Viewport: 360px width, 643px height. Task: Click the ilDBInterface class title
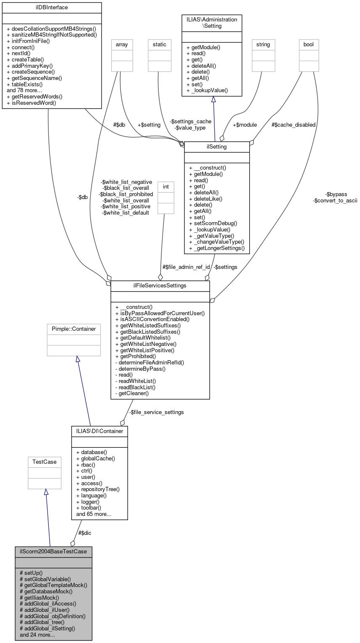coord(52,8)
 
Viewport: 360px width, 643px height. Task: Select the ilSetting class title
coord(217,147)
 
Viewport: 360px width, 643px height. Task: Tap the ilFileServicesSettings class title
coord(160,286)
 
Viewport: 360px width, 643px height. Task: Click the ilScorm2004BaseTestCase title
coord(53,552)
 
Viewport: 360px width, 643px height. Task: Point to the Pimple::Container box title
coord(74,329)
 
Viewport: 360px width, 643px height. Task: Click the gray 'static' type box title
coord(160,44)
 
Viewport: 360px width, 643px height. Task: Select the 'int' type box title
coord(165,186)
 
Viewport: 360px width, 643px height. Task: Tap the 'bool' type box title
coord(309,44)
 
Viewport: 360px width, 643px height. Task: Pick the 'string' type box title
coord(263,44)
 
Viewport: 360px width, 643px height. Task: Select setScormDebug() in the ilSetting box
coord(213,223)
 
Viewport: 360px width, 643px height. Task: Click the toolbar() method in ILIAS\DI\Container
coord(88,507)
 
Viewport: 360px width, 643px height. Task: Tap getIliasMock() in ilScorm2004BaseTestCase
coord(40,597)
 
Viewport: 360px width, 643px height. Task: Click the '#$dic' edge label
coord(85,533)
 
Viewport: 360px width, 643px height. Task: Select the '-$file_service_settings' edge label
coord(156,412)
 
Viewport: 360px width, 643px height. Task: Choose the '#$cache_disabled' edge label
coord(293,125)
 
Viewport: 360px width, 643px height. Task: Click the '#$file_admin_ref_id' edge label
coord(186,267)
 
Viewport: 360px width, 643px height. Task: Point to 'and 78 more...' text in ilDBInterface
coord(24,90)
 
